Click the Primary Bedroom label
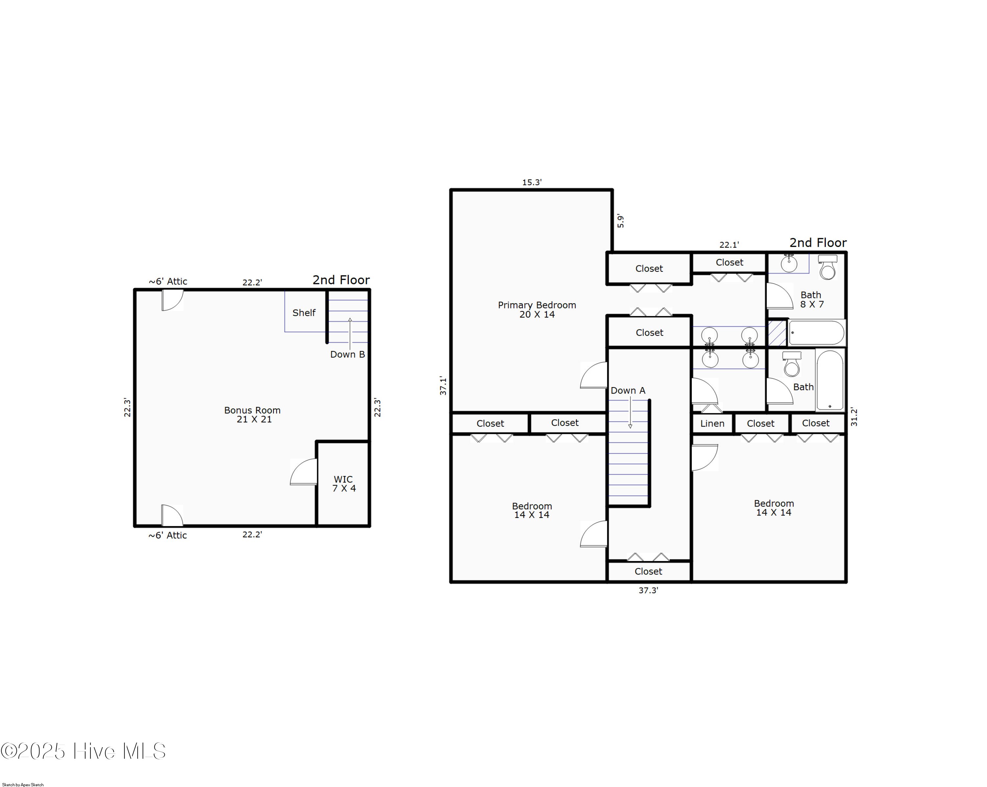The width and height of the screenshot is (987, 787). [537, 309]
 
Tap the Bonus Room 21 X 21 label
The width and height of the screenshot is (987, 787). [252, 414]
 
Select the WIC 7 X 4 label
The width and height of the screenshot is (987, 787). [343, 484]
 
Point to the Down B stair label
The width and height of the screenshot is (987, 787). [347, 354]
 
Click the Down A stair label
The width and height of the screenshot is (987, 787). [628, 390]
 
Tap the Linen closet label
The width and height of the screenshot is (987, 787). [712, 423]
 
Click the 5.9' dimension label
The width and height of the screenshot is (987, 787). [620, 221]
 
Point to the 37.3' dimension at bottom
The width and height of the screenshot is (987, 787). [648, 590]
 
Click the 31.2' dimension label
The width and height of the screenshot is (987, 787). [854, 416]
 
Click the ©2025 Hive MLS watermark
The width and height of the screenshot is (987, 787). [83, 751]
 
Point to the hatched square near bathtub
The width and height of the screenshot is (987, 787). [777, 332]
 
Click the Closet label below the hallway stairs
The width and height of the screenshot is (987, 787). [648, 571]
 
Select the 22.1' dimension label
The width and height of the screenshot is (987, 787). [729, 245]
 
